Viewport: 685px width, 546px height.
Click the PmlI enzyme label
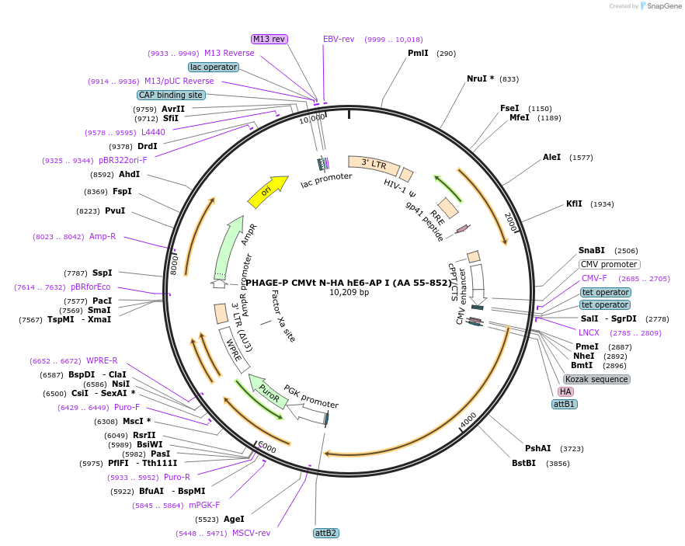(418, 54)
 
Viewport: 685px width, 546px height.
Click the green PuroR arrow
(267, 388)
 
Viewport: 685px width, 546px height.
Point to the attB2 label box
(325, 533)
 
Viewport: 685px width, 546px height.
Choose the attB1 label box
(565, 404)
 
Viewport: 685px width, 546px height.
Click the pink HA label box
(565, 391)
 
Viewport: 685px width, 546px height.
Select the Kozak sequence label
(596, 379)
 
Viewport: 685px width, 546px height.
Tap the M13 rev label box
(269, 39)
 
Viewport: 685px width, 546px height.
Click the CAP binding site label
(171, 95)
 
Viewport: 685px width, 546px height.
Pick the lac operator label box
(214, 67)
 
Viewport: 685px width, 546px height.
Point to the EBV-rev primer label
(339, 39)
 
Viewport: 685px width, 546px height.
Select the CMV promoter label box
(610, 264)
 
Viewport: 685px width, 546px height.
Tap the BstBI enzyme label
(523, 463)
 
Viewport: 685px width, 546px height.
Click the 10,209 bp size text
(349, 293)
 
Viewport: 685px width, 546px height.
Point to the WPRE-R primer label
(102, 360)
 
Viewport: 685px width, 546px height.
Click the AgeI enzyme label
(234, 519)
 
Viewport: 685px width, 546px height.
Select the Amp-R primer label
(103, 236)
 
